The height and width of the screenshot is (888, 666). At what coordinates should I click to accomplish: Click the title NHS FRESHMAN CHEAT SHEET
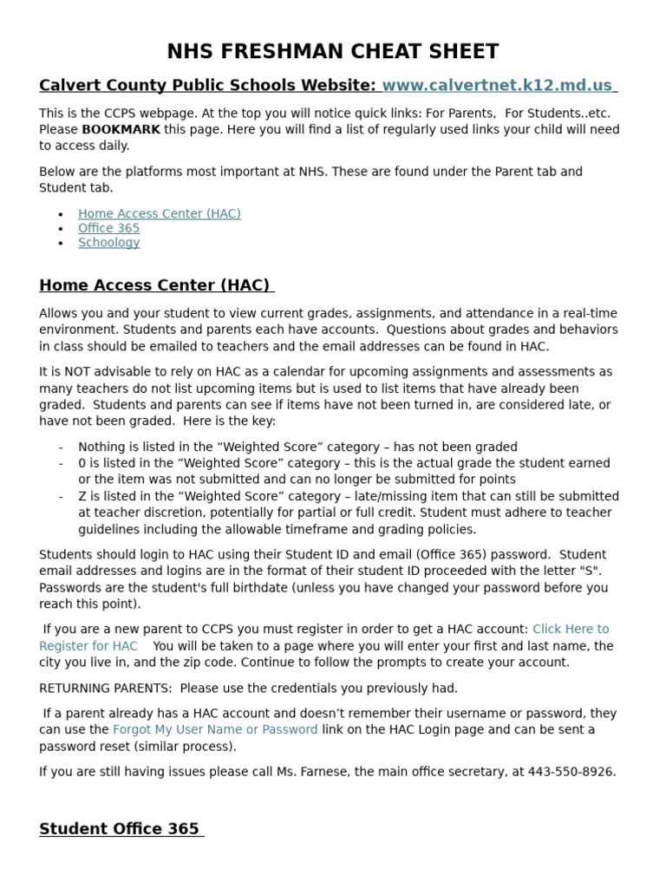tap(332, 51)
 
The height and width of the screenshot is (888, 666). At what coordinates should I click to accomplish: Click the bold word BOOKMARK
tap(121, 129)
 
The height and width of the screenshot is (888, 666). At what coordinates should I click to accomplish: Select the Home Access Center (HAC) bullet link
tap(159, 213)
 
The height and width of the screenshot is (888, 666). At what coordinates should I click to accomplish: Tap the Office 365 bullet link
tap(108, 228)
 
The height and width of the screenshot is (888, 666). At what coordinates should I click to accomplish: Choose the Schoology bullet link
tap(108, 243)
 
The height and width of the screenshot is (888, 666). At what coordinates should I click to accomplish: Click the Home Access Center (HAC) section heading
tap(154, 285)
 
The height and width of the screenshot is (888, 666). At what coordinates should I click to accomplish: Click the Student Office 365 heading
tap(120, 829)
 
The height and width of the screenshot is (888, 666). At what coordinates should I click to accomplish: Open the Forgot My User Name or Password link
tap(215, 730)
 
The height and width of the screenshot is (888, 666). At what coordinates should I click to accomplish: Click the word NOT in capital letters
tap(69, 372)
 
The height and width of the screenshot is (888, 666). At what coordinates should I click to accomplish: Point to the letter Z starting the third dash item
tap(82, 497)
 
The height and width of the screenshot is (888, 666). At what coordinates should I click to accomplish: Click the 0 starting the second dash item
tap(82, 464)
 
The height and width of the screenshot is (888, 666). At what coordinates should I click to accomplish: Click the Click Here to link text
tap(571, 630)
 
